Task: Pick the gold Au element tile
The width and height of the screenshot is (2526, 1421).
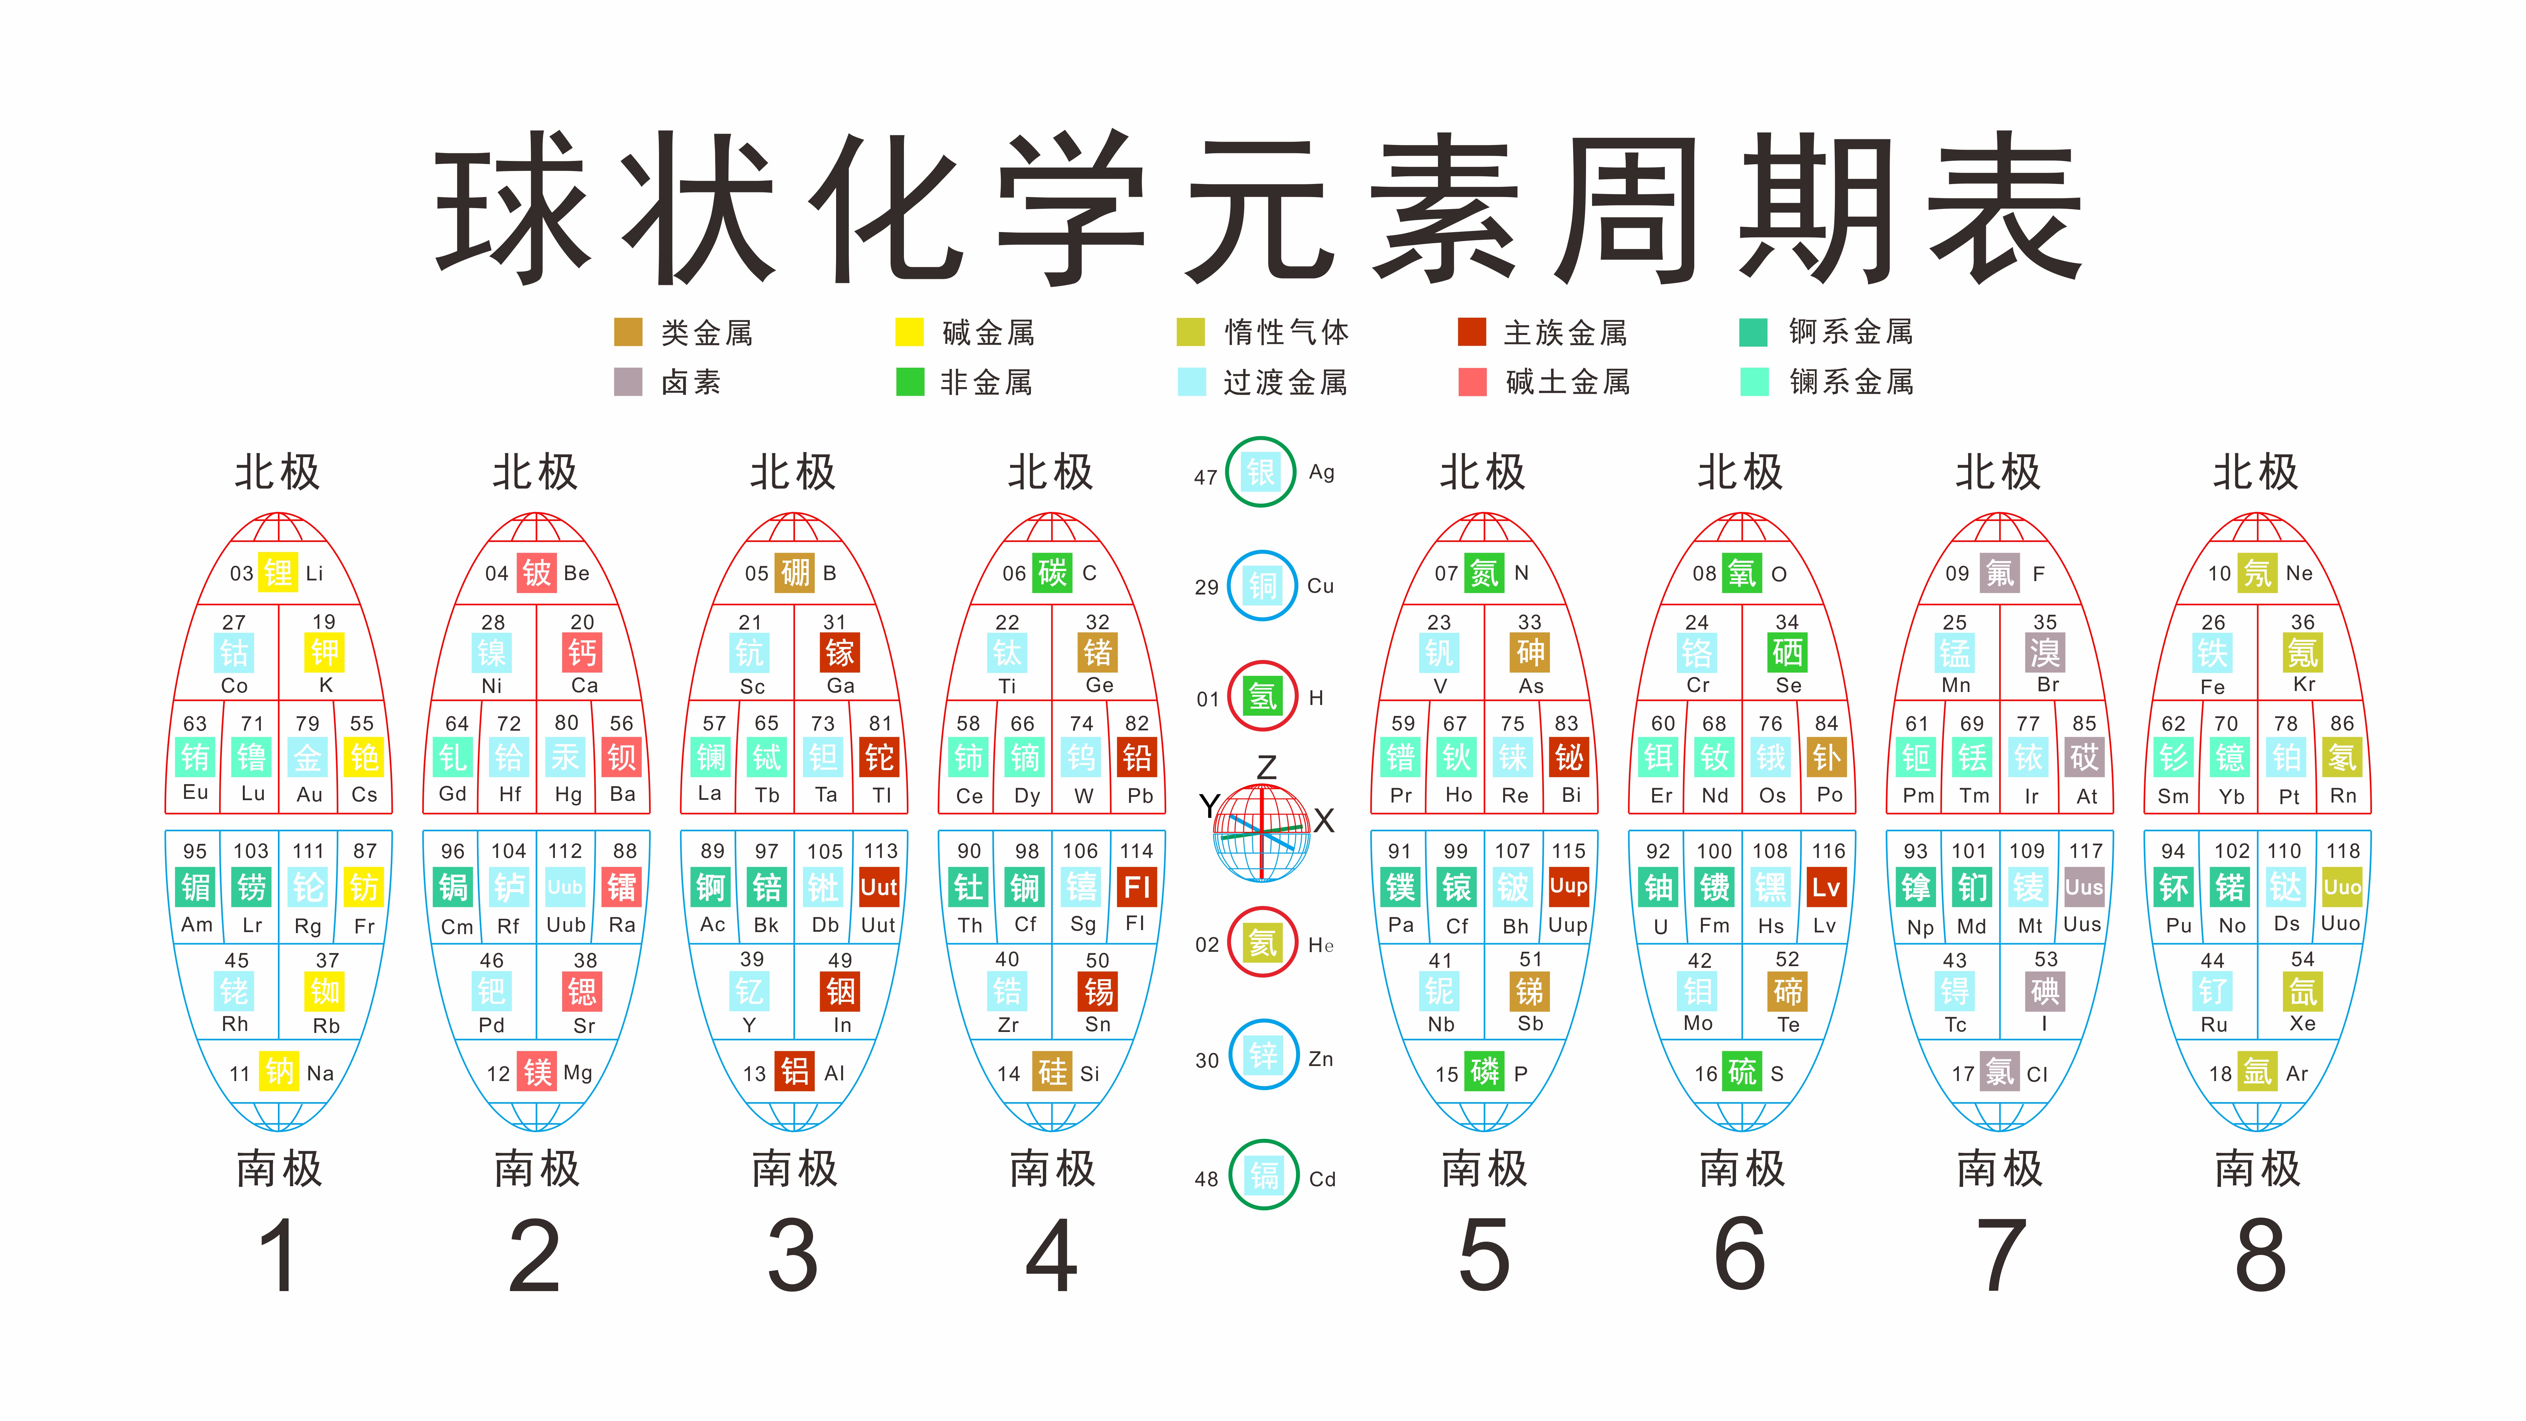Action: [308, 757]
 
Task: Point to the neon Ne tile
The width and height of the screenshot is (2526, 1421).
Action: [2257, 573]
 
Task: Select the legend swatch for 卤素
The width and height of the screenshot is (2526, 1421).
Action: [628, 381]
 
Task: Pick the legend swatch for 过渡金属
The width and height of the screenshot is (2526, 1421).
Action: [1192, 381]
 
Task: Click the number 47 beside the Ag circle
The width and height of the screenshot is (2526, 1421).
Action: [1205, 478]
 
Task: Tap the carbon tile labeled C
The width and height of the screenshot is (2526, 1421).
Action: [1052, 573]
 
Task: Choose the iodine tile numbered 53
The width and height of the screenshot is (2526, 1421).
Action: [2046, 992]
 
